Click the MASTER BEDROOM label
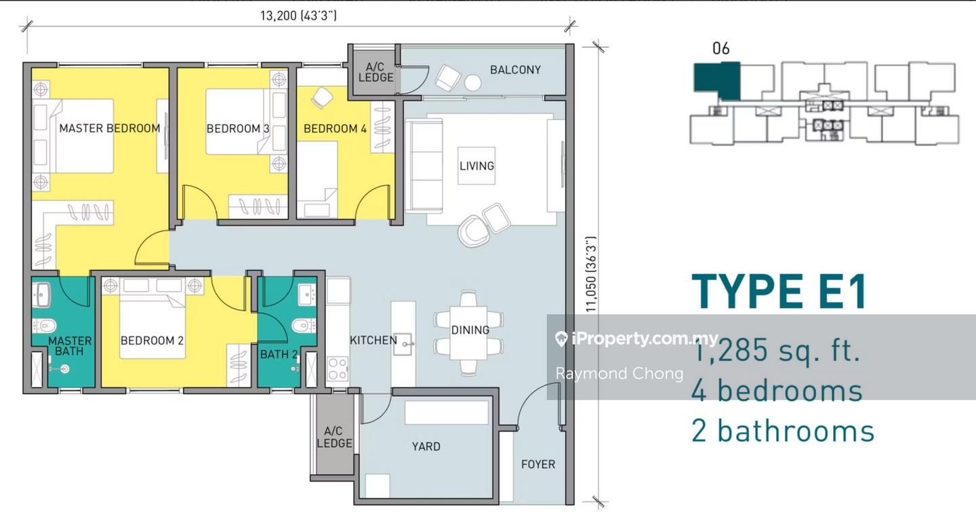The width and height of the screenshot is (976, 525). [x=110, y=128]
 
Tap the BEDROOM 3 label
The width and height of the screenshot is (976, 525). [x=238, y=129]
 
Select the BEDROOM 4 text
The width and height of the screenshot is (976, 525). [x=335, y=129]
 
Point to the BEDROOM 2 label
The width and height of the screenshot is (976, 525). [x=152, y=341]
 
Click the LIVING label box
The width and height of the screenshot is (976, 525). [x=476, y=166]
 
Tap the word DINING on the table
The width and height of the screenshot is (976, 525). [x=470, y=330]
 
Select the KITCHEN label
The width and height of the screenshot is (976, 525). [x=373, y=340]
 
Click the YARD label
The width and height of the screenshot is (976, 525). [x=426, y=446]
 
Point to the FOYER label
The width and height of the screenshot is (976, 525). [x=538, y=465]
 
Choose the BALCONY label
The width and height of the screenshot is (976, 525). [x=515, y=70]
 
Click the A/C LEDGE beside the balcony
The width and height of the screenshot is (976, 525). [x=375, y=73]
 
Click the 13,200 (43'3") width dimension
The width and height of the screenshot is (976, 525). [x=298, y=16]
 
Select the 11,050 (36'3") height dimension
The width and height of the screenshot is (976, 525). [x=591, y=274]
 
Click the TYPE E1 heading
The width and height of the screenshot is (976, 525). [x=779, y=292]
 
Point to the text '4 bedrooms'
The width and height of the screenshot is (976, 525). [x=777, y=390]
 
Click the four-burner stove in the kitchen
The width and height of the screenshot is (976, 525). [x=338, y=369]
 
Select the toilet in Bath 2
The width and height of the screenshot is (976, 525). [x=303, y=326]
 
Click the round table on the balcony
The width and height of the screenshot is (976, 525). [x=473, y=83]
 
